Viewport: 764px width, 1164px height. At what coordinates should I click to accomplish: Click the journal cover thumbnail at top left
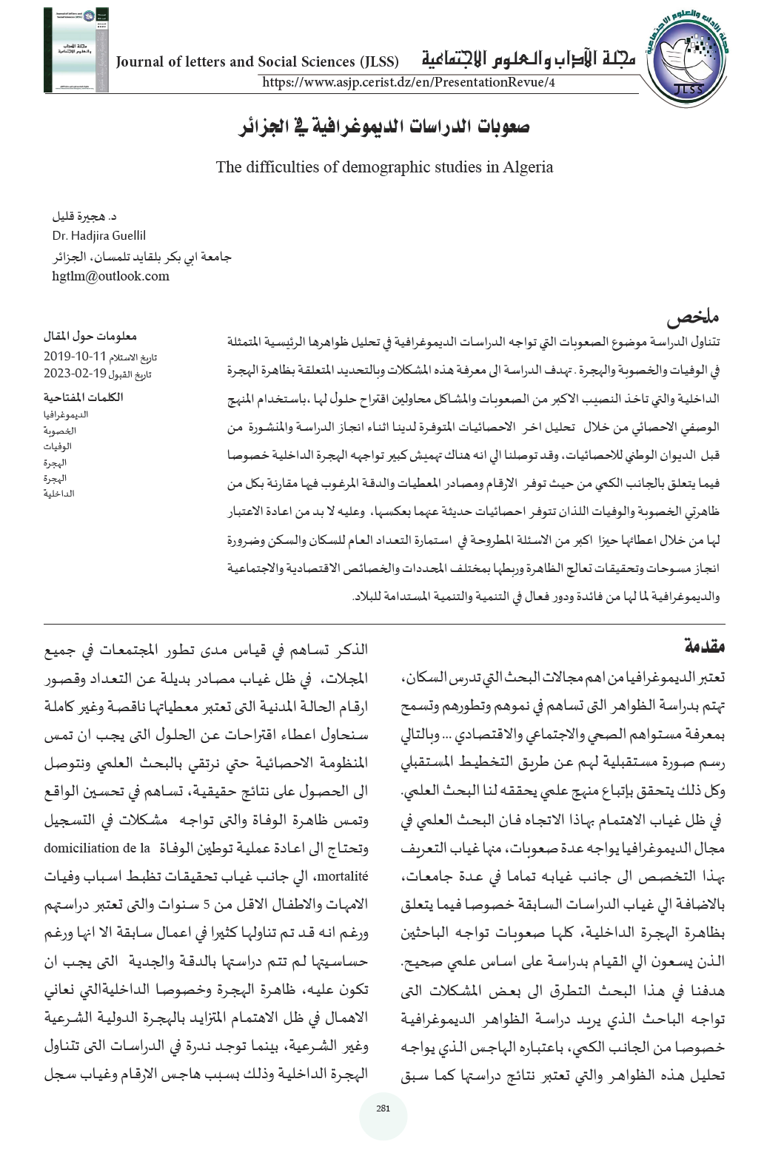pos(76,50)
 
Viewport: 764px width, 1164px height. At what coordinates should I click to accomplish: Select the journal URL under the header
pos(409,82)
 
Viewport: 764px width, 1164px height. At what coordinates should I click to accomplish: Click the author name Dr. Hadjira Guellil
pos(99,236)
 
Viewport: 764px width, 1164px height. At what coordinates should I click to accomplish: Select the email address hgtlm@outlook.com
pos(110,276)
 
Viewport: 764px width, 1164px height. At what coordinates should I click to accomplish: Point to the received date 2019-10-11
pos(75,354)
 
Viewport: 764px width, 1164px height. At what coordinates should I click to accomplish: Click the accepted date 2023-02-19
pos(75,372)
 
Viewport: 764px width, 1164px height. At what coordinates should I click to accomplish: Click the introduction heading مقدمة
pos(703,646)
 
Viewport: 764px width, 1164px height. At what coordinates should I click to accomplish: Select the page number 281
pos(383,1108)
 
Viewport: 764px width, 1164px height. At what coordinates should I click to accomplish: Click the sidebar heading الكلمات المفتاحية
pos(83,397)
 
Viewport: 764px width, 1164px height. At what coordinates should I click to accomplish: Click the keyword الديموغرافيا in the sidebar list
pos(67,414)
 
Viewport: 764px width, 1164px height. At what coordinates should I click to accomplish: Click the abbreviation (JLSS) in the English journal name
pos(379,61)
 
